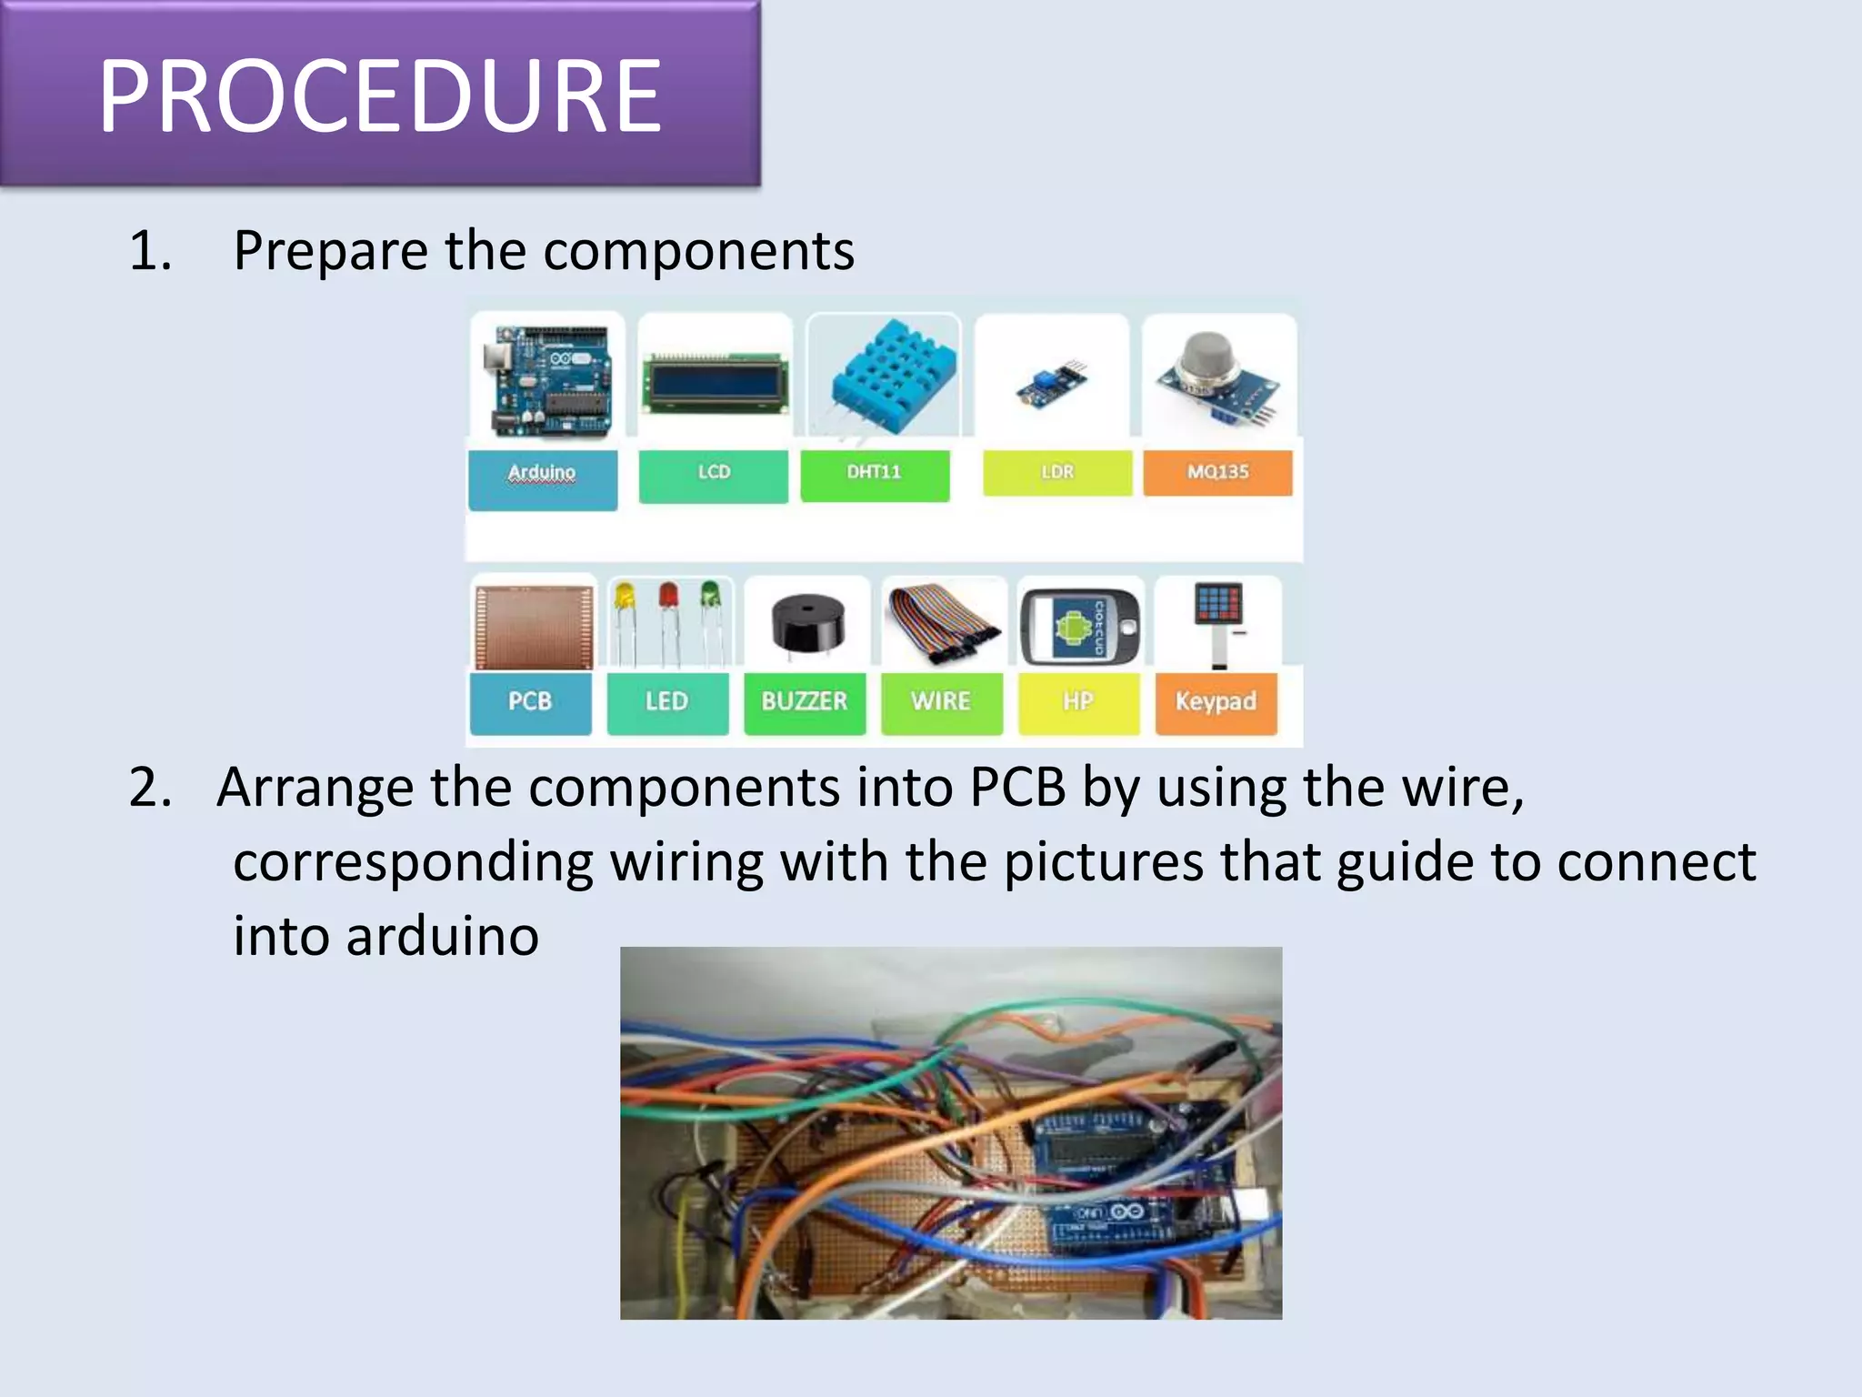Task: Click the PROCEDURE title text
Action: [x=380, y=95]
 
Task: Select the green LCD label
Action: [x=714, y=475]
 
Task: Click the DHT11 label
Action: [x=875, y=475]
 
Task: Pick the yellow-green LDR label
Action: [x=1057, y=473]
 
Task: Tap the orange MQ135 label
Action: [x=1217, y=473]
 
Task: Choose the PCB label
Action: [x=530, y=702]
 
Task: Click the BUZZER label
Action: [x=805, y=702]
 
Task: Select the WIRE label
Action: [x=941, y=702]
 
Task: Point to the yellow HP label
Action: [x=1078, y=702]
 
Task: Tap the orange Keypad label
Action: [x=1216, y=702]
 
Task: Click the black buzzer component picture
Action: [x=807, y=624]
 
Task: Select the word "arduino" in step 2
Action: [x=442, y=937]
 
